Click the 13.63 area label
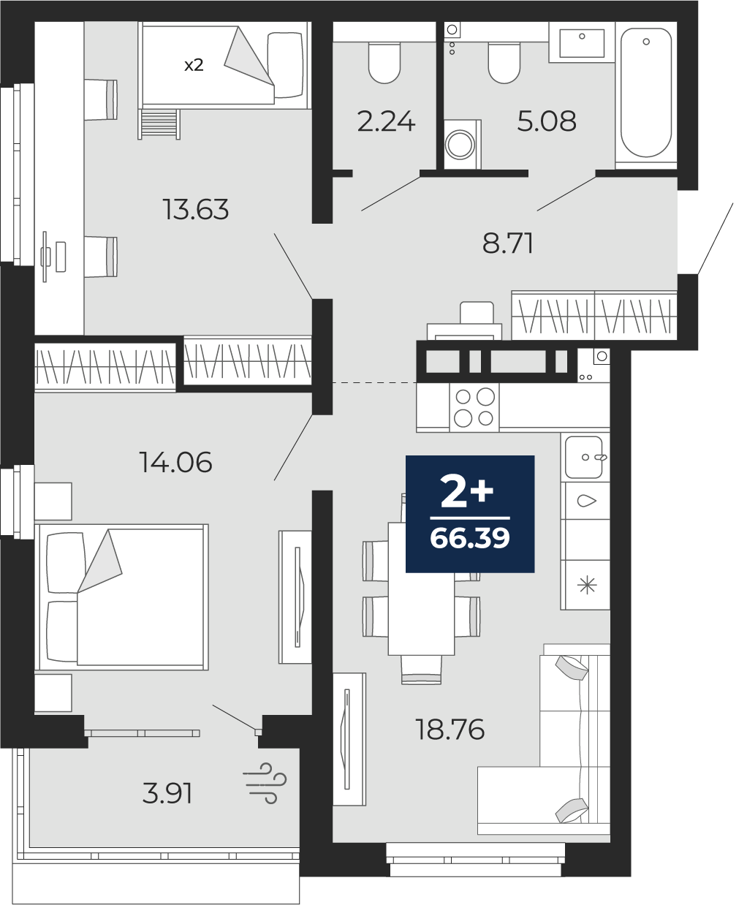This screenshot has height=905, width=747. point(195,209)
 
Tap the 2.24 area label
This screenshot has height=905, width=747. point(386,121)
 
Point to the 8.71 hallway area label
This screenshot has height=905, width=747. point(507,243)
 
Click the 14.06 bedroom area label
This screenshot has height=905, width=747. point(175,462)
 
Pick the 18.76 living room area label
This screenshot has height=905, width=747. point(450,730)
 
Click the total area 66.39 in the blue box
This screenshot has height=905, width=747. point(470,538)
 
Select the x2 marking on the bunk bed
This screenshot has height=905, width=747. point(194,65)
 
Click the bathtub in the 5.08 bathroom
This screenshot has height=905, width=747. point(646,93)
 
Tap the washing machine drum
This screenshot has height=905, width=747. point(460,143)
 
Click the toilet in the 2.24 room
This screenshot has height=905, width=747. point(384,63)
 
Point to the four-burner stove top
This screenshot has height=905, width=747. point(474,407)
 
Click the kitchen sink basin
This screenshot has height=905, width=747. point(584,457)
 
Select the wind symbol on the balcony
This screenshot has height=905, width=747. point(265,783)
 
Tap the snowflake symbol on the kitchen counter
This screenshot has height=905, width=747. point(587,586)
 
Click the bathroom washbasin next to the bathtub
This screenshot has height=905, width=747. point(582,43)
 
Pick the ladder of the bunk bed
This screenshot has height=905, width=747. point(159,124)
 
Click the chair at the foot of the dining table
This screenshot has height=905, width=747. point(421,669)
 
